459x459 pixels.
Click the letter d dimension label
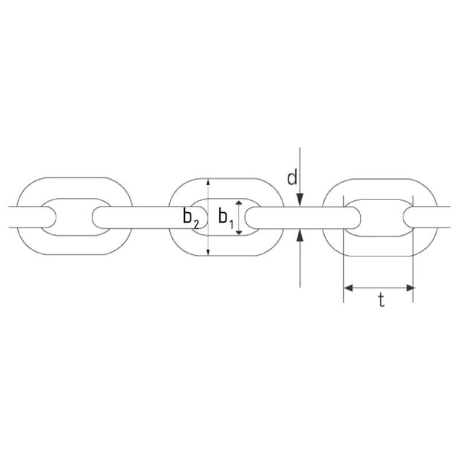tap(293, 178)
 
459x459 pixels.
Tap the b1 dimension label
tap(227, 217)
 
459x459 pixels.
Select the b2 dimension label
tap(190, 218)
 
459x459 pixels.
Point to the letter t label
tap(380, 299)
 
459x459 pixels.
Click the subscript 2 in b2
tap(196, 224)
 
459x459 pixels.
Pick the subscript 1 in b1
tap(232, 225)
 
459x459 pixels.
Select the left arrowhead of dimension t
tap(348, 287)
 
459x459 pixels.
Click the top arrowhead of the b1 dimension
tap(239, 203)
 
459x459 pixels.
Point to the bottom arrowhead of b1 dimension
tap(239, 232)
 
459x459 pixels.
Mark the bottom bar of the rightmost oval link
tap(379, 247)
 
